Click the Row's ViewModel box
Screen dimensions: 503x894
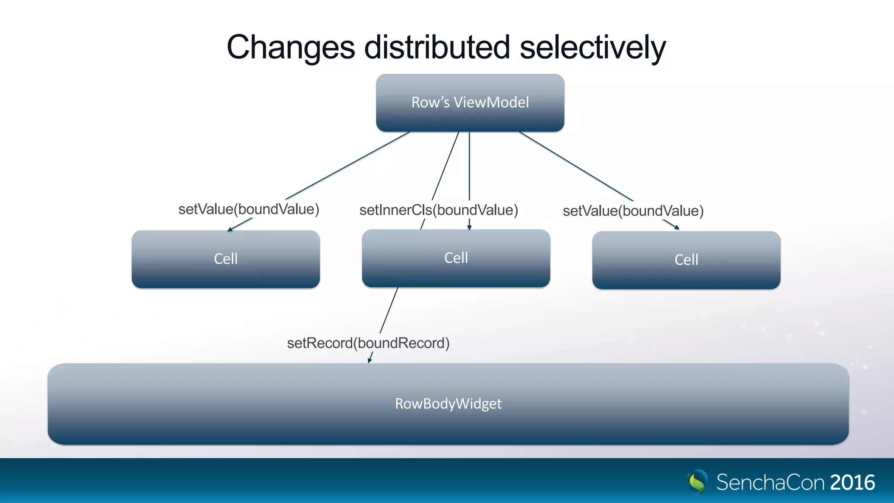pyautogui.click(x=470, y=103)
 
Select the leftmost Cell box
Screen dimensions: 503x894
pyautogui.click(x=226, y=259)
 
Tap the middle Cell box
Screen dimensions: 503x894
pyautogui.click(x=456, y=258)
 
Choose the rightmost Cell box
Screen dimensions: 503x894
pyautogui.click(x=686, y=260)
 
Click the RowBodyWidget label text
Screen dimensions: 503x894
pyautogui.click(x=448, y=403)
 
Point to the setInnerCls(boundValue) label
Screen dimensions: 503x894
pyautogui.click(x=439, y=210)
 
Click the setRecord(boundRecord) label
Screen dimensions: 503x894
pyautogui.click(x=368, y=343)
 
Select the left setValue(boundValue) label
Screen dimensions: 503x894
pyautogui.click(x=249, y=209)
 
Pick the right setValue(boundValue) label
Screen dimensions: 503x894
pyautogui.click(x=633, y=211)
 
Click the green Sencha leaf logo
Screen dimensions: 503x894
pyautogui.click(x=698, y=482)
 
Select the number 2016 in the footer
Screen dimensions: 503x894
pyautogui.click(x=852, y=482)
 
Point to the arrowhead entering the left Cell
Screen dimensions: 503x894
pyautogui.click(x=230, y=229)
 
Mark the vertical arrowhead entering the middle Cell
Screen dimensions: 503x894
pyautogui.click(x=469, y=227)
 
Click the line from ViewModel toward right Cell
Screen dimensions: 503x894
pyautogui.click(x=576, y=166)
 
